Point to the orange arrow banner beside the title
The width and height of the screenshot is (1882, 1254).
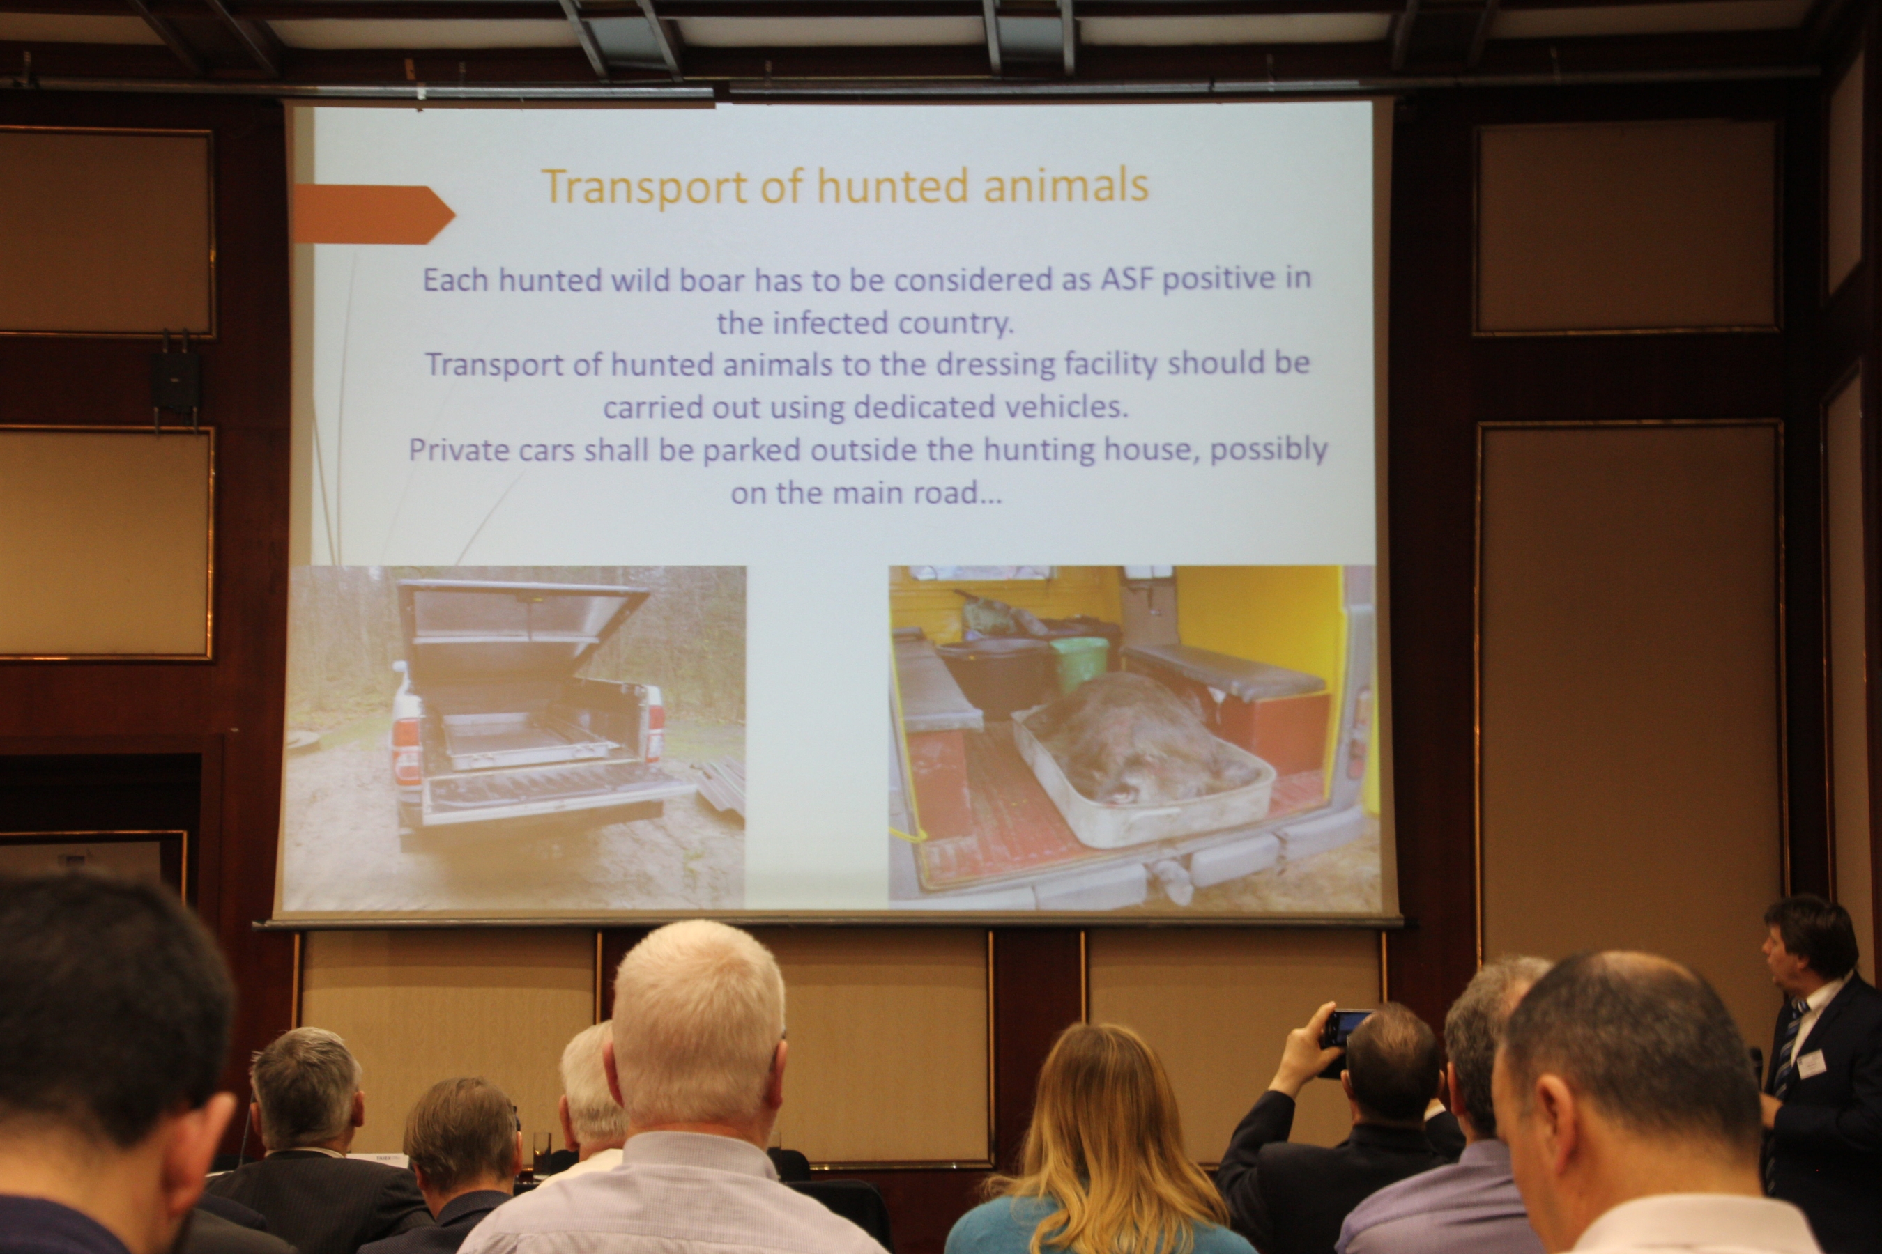(x=374, y=214)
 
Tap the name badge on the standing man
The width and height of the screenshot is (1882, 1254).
(x=1811, y=1064)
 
